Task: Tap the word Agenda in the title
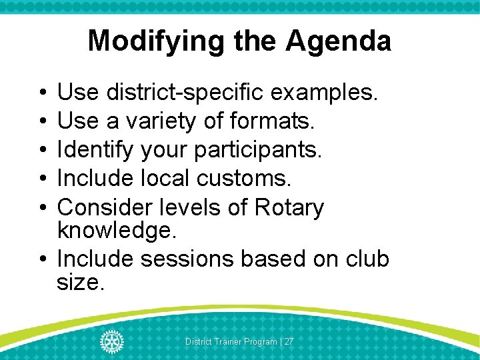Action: tap(339, 41)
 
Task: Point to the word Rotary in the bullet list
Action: tap(289, 207)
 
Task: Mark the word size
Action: tap(81, 282)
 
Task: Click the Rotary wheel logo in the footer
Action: tap(111, 341)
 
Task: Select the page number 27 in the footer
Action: tap(289, 341)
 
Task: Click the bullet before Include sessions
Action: tap(41, 259)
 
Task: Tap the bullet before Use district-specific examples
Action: tap(41, 93)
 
